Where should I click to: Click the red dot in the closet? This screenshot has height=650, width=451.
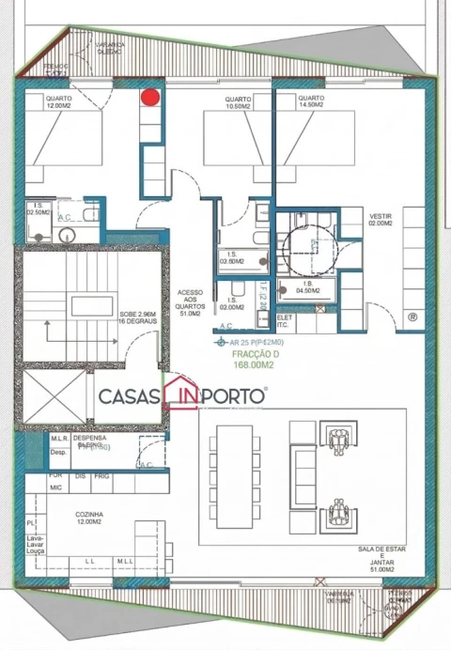(x=149, y=96)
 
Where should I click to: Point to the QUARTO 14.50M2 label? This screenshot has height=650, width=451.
(x=314, y=101)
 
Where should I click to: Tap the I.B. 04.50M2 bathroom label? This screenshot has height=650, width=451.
(x=309, y=287)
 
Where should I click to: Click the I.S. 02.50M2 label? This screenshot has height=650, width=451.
(x=38, y=209)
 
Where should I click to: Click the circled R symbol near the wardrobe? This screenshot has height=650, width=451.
(x=412, y=317)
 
